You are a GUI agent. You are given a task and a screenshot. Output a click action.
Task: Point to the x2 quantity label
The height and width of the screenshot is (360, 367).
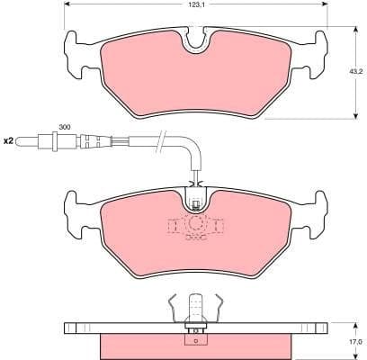click(10, 140)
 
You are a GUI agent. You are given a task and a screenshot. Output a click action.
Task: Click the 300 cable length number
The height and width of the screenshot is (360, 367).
click(64, 128)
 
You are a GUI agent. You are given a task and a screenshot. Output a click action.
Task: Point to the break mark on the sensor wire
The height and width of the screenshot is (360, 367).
click(161, 139)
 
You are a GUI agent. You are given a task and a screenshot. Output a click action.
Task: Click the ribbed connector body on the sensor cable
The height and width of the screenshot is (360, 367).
click(91, 140)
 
